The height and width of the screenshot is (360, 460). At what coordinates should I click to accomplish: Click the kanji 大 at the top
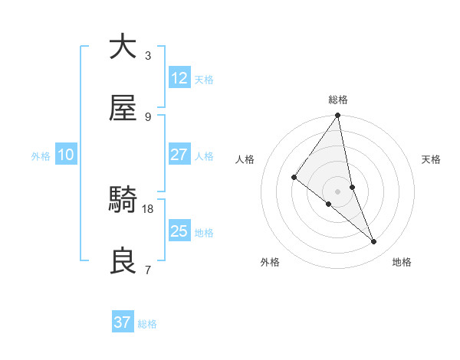[x=123, y=47]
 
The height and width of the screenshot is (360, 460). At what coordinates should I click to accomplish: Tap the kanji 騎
[x=123, y=201]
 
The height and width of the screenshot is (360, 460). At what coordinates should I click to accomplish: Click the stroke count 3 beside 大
[x=148, y=56]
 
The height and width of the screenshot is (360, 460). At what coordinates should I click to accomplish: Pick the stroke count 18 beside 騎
[x=149, y=208]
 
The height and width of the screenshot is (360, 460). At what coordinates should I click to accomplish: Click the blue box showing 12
[x=179, y=78]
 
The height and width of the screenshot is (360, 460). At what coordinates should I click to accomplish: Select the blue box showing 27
[x=179, y=155]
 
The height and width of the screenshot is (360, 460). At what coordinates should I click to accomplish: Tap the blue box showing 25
[x=179, y=231]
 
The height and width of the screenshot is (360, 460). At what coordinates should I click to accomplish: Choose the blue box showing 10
[x=66, y=155]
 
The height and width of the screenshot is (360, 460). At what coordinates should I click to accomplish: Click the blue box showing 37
[x=123, y=322]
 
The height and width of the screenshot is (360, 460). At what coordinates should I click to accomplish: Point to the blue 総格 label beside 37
[x=147, y=324]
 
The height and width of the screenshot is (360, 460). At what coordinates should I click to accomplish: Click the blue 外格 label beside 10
[x=41, y=156]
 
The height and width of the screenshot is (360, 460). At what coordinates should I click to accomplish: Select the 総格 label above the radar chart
[x=338, y=100]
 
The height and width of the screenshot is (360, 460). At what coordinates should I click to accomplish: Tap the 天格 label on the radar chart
[x=432, y=159]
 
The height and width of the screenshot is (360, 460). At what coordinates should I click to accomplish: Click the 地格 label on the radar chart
[x=402, y=263]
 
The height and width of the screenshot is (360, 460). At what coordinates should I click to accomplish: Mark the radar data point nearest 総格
[x=338, y=116]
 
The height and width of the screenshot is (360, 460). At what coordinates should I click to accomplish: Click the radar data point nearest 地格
[x=374, y=241]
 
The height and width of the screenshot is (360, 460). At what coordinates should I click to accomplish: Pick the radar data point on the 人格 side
[x=294, y=177]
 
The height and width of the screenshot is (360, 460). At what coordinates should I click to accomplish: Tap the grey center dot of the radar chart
[x=338, y=191]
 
